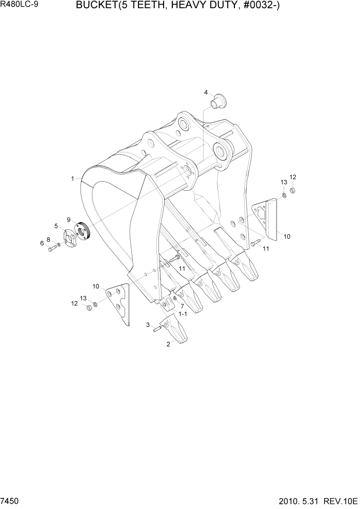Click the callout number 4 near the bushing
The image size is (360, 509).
pos(206,93)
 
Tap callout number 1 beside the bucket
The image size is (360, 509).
pos(73,179)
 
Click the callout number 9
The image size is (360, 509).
pos(68,220)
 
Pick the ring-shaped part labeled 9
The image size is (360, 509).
pos(82,232)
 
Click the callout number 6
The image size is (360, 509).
pos(43,243)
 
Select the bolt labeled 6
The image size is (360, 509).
pos(51,249)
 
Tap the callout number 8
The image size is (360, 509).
pos(49,239)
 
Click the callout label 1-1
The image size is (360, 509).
pos(183,313)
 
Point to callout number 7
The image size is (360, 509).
pos(182,306)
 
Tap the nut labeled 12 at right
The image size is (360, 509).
pos(292,191)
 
